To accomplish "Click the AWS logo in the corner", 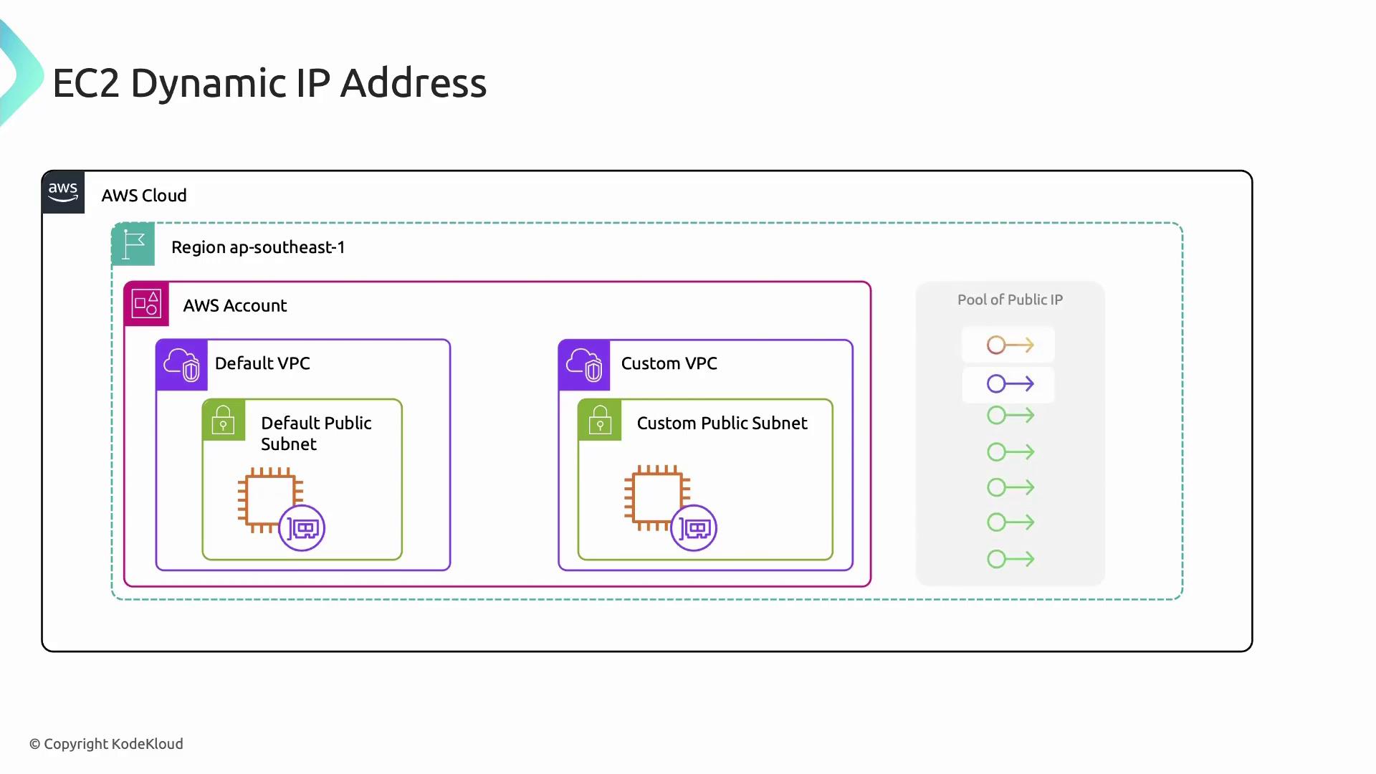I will tap(63, 192).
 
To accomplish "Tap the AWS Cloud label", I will tap(144, 196).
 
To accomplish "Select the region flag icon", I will tap(133, 244).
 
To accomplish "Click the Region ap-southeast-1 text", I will tap(258, 247).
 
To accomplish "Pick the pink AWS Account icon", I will tap(146, 304).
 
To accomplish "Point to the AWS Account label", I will tap(234, 305).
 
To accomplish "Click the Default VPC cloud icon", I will tap(181, 365).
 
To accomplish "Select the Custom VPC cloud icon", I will tap(584, 365).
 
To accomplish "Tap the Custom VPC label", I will tap(669, 363).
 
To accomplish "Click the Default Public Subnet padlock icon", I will tap(224, 420).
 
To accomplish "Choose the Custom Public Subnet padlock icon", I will tap(600, 420).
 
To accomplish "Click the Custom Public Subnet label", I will tap(722, 424).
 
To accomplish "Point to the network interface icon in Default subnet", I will tap(302, 529).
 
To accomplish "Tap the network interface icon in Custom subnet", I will tap(694, 529).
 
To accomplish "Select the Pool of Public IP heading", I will tap(1010, 300).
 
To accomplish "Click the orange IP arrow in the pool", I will tap(1010, 345).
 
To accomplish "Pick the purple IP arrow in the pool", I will tap(1010, 384).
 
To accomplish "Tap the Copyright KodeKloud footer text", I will tap(106, 744).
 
